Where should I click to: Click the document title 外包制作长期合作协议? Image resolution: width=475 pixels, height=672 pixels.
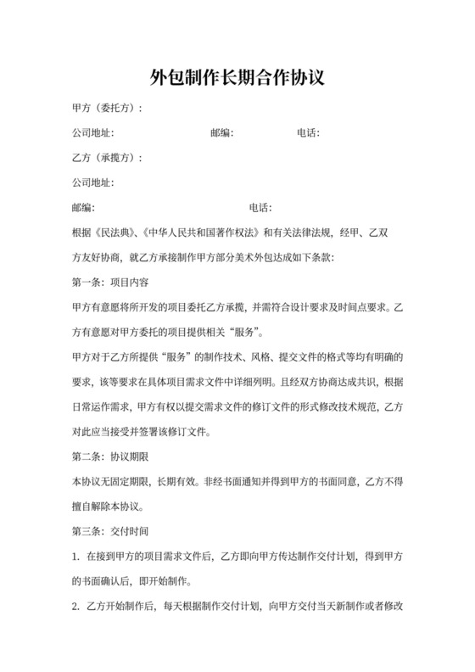point(237,78)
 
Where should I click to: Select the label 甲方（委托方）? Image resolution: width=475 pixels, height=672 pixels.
point(106,109)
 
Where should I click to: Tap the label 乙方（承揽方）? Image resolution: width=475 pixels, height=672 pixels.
point(106,158)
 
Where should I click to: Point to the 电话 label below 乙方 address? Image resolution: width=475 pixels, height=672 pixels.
point(259,207)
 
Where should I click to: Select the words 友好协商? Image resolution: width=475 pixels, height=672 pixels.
point(105,256)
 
